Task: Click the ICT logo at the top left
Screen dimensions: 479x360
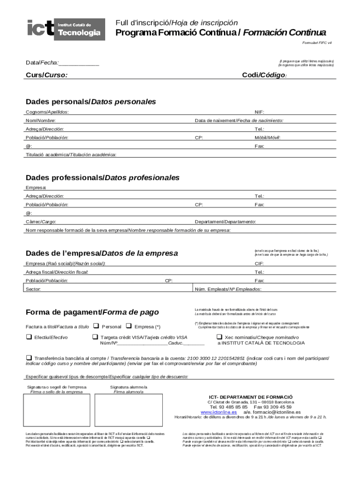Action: pos(64,28)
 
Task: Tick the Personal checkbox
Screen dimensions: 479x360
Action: pos(96,326)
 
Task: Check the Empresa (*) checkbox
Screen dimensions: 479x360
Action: pos(128,326)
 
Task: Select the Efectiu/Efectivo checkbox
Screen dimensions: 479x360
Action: pos(29,337)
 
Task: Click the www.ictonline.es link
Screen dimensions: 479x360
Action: pos(218,412)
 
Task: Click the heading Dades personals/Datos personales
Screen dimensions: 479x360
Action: pos(91,102)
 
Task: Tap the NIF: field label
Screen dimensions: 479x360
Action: pos(259,112)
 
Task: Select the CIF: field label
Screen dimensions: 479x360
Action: pos(259,264)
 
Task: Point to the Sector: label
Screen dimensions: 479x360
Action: pos(33,289)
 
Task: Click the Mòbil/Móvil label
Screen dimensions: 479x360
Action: pos(267,138)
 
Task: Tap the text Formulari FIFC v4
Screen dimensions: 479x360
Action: pos(317,43)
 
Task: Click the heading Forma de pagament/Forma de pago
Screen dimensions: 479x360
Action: pos(92,312)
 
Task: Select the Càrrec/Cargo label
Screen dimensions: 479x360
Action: pos(41,222)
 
